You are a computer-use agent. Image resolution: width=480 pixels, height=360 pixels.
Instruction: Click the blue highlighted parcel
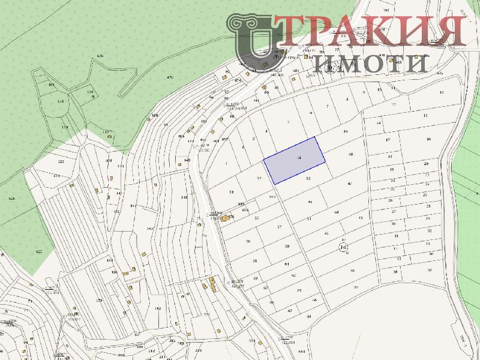click(295, 160)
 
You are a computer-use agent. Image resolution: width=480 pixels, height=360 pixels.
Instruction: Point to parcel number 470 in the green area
click(170, 77)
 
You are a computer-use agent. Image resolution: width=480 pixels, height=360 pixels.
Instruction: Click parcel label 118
click(60, 101)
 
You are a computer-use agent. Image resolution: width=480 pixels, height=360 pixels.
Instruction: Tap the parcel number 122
click(60, 162)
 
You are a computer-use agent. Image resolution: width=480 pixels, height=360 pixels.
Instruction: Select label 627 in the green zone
click(39, 251)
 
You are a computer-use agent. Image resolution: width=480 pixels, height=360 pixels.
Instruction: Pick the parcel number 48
click(350, 154)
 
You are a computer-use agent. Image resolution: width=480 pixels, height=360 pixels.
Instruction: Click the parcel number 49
click(345, 131)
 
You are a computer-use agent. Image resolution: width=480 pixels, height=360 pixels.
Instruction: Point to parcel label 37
click(430, 270)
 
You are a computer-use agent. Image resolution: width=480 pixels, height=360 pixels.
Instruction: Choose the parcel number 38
click(395, 272)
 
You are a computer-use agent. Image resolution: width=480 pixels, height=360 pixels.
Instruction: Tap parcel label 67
click(289, 311)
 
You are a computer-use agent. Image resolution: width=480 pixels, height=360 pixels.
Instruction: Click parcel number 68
click(309, 316)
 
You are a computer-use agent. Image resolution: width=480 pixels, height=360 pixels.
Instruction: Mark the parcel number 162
click(158, 308)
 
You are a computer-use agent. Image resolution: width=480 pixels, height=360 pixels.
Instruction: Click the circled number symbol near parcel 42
click(343, 247)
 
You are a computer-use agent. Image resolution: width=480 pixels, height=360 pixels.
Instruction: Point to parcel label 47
click(349, 184)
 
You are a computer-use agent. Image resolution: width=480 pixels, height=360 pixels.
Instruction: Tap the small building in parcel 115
click(110, 136)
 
